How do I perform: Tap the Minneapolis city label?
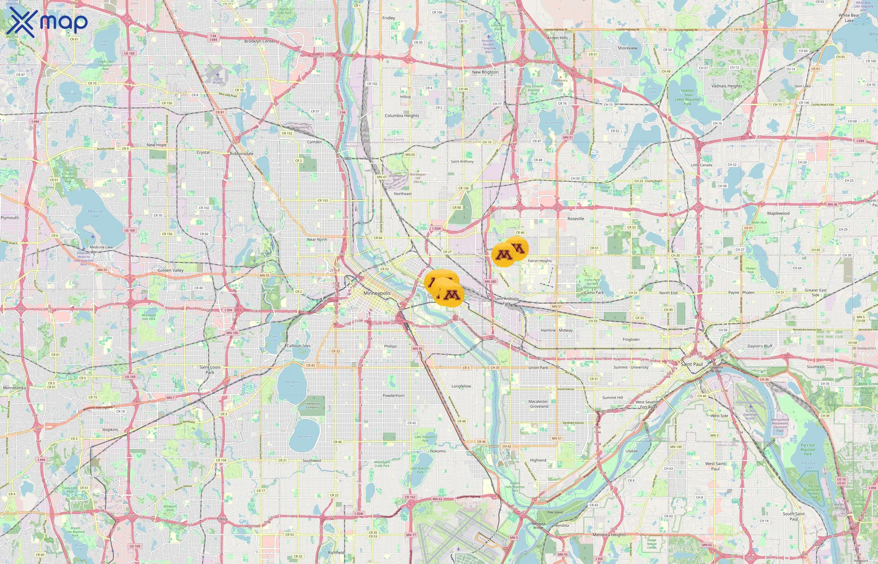[377, 293]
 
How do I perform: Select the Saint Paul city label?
[691, 364]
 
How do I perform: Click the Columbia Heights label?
[402, 116]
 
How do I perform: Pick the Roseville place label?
[575, 219]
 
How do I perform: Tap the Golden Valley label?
[170, 270]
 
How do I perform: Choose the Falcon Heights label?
[539, 261]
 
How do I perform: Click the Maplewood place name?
[778, 213]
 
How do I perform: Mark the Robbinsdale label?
[241, 154]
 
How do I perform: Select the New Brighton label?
[485, 72]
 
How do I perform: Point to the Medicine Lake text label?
[101, 247]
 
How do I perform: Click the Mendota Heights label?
[609, 535]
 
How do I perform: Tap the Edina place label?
[222, 519]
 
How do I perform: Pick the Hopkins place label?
[110, 430]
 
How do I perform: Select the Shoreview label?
[627, 48]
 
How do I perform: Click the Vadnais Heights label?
[726, 86]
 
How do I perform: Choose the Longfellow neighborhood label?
[461, 386]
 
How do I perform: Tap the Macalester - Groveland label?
[538, 404]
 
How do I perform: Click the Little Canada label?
[701, 165]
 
